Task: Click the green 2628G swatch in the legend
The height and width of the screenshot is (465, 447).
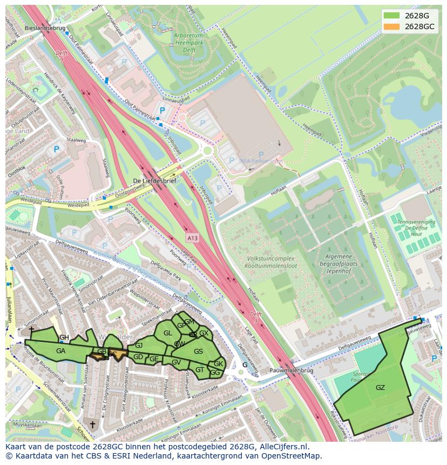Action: pyautogui.click(x=392, y=15)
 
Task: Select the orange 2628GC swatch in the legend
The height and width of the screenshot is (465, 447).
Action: pyautogui.click(x=392, y=26)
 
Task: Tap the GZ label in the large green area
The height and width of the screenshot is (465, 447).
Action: pyautogui.click(x=380, y=387)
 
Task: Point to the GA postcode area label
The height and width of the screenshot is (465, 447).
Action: pyautogui.click(x=60, y=351)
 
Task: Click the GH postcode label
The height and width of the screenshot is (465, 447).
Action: pyautogui.click(x=64, y=338)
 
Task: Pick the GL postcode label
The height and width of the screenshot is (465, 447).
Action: pyautogui.click(x=167, y=333)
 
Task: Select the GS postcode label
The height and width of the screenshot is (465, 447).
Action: pyautogui.click(x=198, y=352)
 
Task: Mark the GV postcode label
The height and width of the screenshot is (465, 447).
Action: pyautogui.click(x=176, y=362)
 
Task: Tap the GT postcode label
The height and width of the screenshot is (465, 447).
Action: pyautogui.click(x=200, y=370)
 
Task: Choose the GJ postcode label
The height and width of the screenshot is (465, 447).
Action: pyautogui.click(x=139, y=345)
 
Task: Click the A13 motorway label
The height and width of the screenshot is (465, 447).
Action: pyautogui.click(x=193, y=237)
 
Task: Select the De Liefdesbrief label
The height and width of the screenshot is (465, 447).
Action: pyautogui.click(x=154, y=181)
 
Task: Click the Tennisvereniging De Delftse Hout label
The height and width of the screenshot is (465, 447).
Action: pyautogui.click(x=416, y=229)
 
